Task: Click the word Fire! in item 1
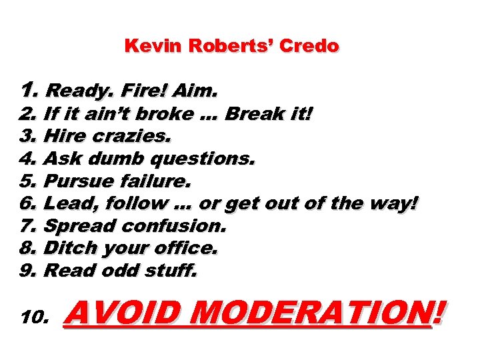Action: click(137, 89)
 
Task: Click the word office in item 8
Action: click(187, 248)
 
